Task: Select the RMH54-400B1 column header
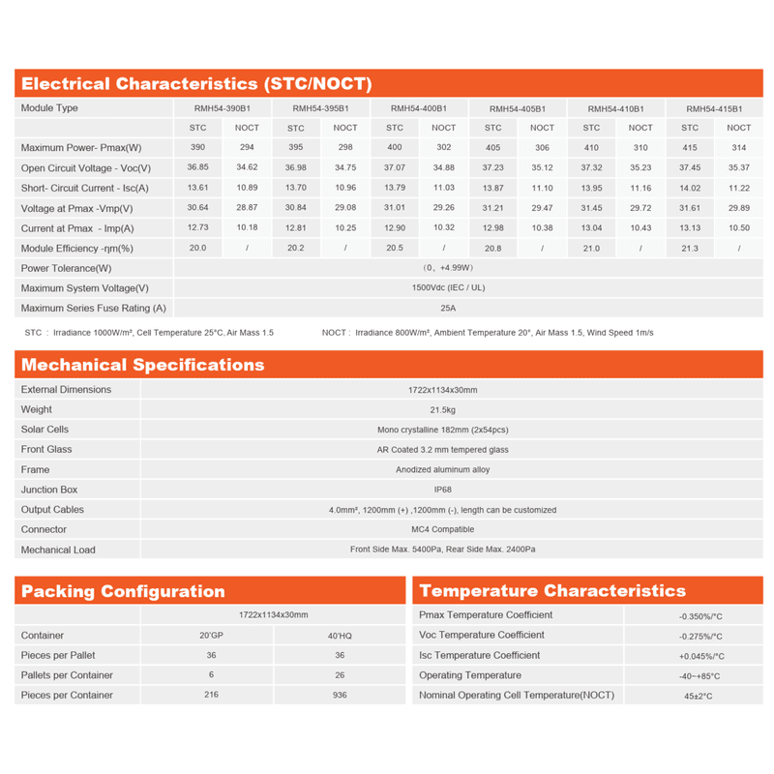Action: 419,108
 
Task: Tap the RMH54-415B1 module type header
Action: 714,108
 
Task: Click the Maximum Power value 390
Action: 197,148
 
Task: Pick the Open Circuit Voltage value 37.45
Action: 690,168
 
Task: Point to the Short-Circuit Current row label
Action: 85,188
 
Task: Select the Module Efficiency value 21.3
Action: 690,249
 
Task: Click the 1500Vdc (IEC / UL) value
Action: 448,288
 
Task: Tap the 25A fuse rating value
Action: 448,309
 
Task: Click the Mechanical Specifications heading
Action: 142,365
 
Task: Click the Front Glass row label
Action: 46,449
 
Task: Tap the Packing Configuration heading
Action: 123,591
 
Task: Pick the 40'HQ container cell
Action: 340,636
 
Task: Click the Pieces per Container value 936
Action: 340,696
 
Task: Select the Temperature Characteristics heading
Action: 552,591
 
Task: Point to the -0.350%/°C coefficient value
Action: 701,615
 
